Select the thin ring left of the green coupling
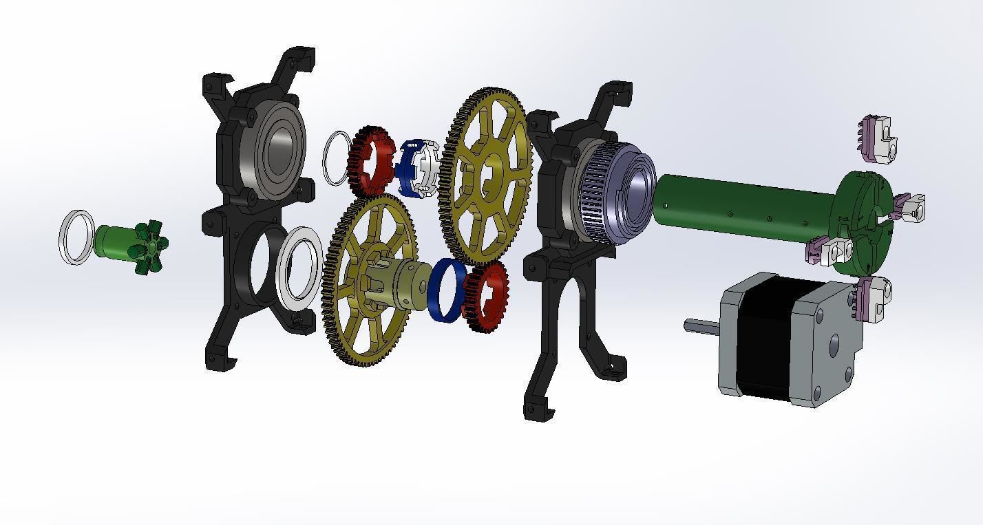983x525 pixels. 76,237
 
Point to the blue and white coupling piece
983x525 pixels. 416,167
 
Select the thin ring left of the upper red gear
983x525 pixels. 336,158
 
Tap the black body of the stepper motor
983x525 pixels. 764,337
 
